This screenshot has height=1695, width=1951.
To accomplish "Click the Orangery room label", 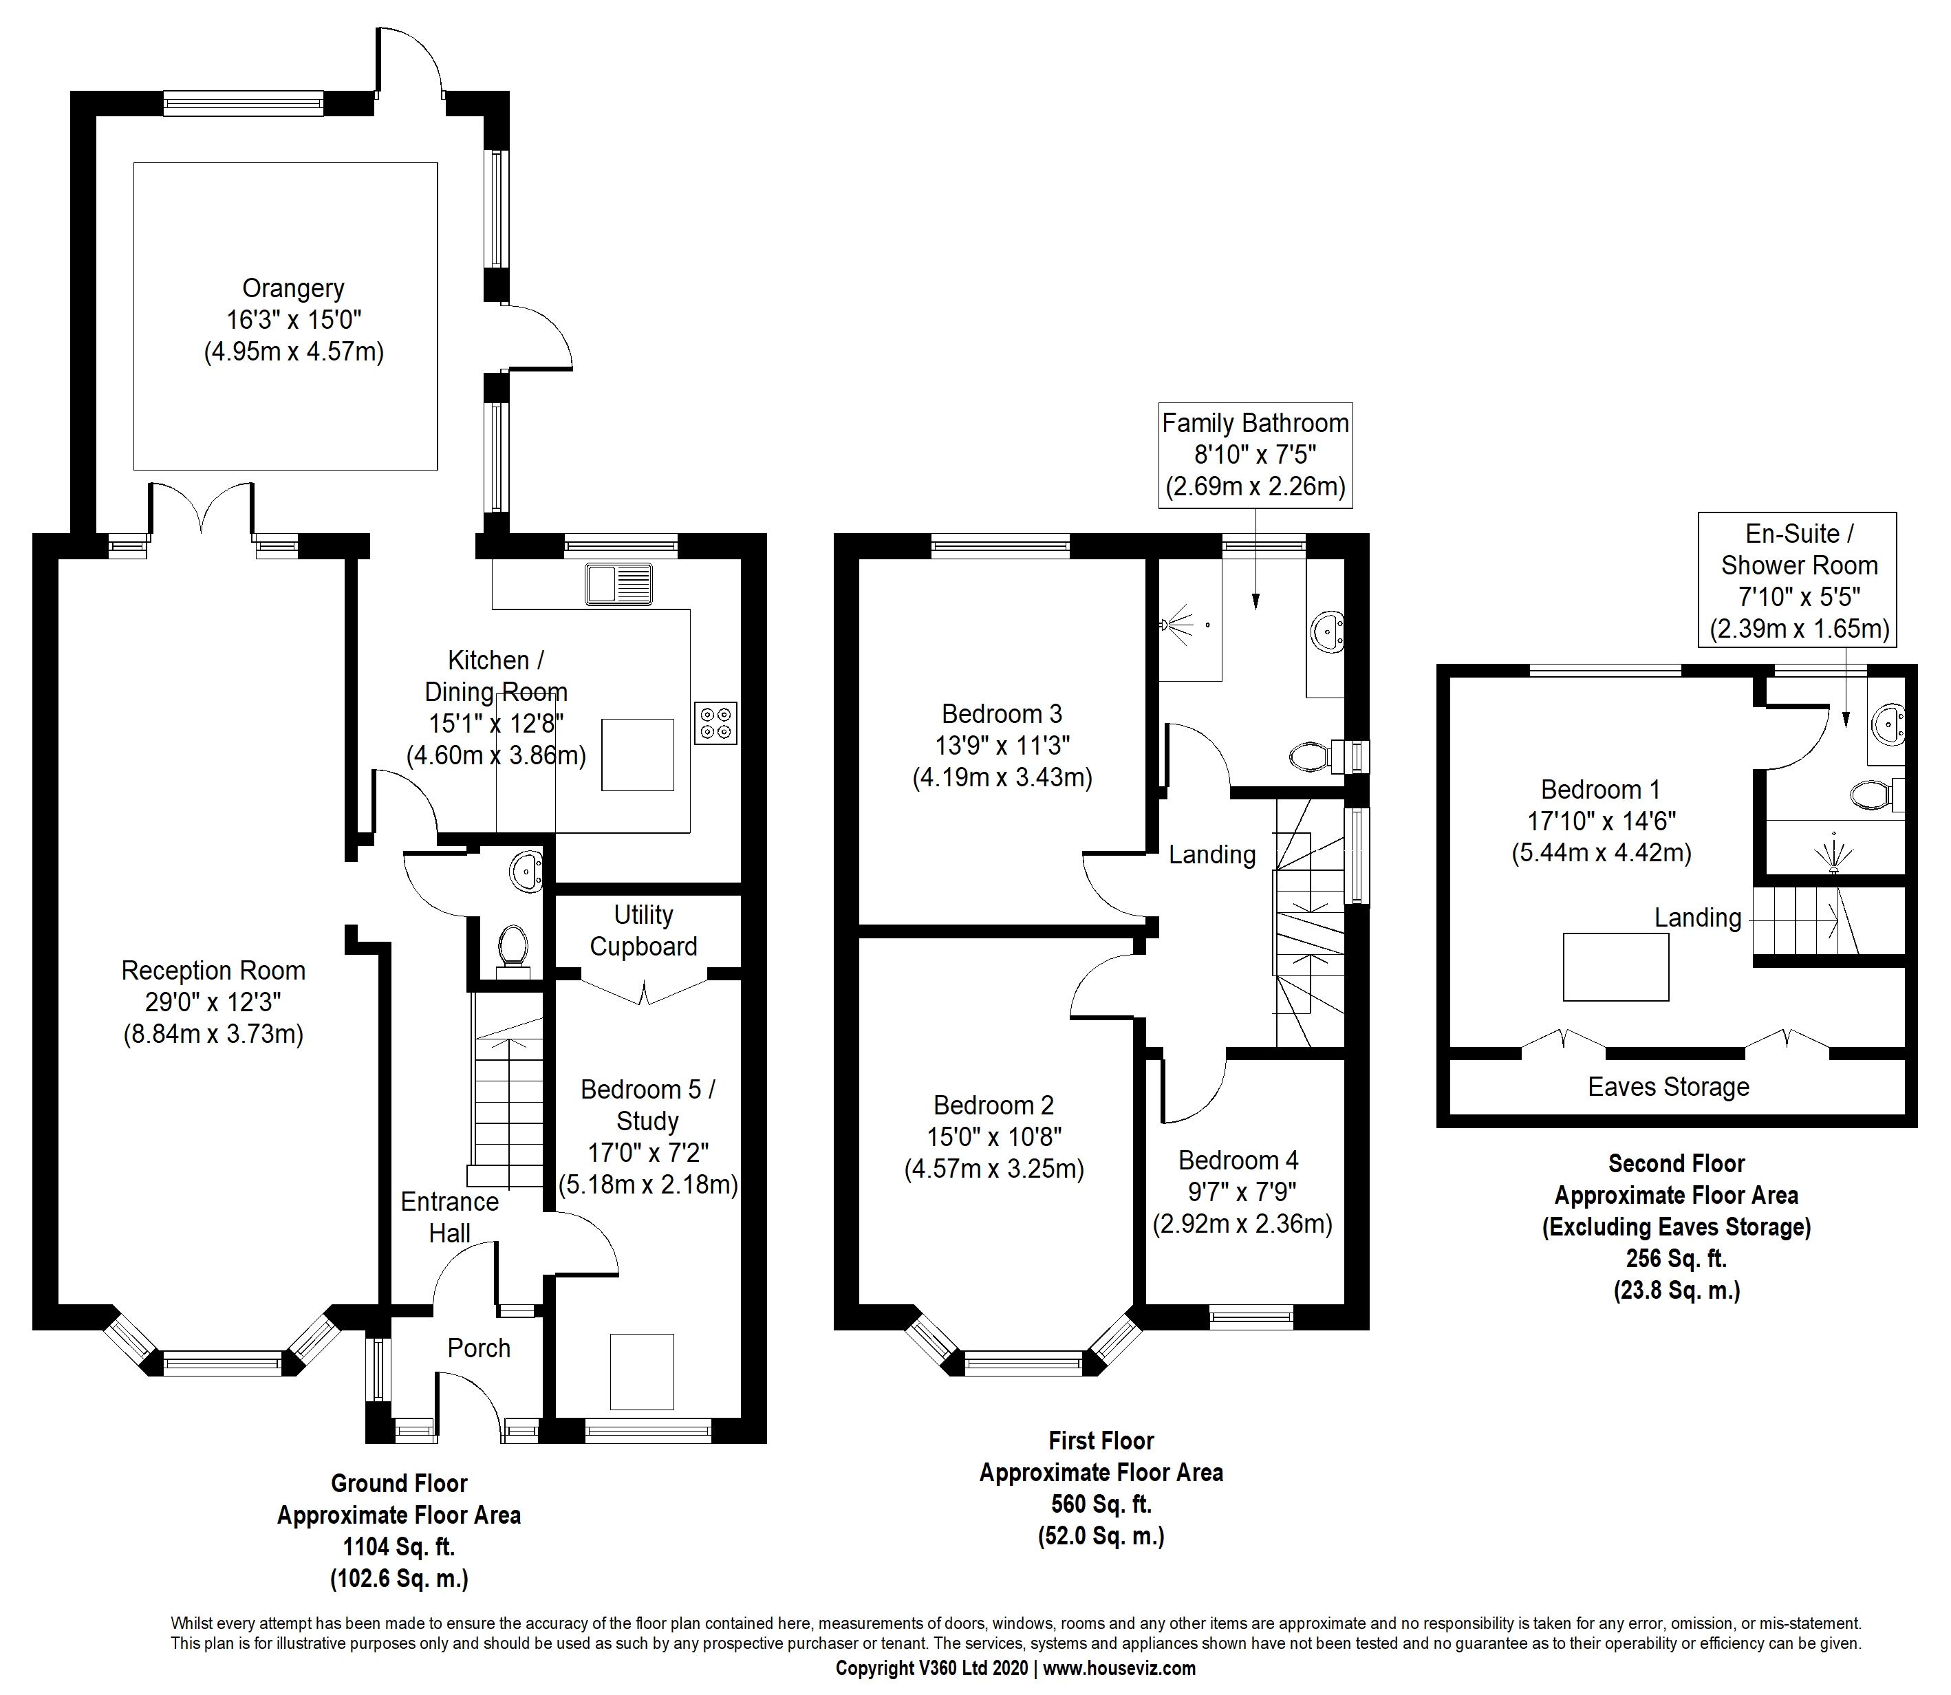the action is [x=293, y=288].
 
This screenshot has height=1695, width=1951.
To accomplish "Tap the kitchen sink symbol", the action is [x=618, y=583].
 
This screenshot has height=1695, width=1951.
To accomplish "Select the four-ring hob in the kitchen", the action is [x=715, y=722].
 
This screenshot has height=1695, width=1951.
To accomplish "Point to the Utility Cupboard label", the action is [x=643, y=931].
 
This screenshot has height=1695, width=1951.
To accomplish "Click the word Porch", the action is [x=479, y=1348].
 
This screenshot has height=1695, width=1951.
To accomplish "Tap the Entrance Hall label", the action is [x=449, y=1218].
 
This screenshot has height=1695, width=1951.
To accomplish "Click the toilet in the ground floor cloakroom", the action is [x=513, y=944].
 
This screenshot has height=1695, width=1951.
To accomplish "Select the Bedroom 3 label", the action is [x=1002, y=713].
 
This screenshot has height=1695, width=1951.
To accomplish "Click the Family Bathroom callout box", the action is [x=1255, y=455].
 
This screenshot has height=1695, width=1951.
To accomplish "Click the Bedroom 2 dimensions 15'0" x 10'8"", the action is [x=994, y=1137].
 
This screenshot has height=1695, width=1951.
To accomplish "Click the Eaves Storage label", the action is [x=1668, y=1087].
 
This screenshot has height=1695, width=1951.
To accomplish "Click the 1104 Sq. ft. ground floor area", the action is [x=398, y=1548].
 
